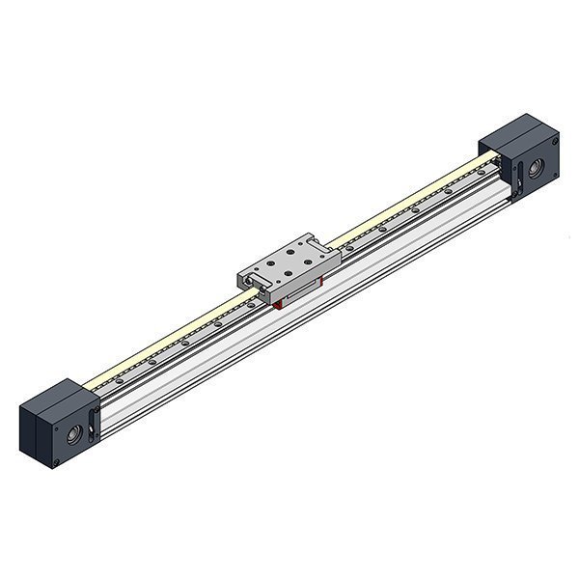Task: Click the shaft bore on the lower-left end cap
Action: (x=73, y=435)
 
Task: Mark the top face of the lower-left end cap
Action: (x=56, y=396)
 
